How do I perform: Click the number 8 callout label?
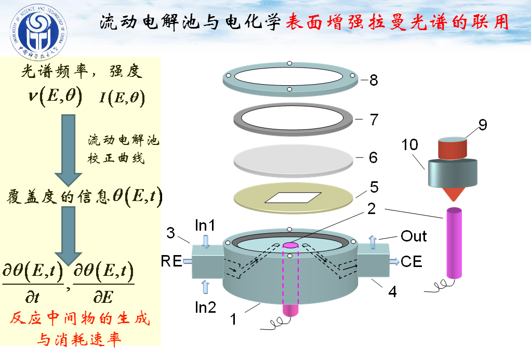click(x=374, y=81)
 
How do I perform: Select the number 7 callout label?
click(x=374, y=119)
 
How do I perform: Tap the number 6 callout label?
click(x=373, y=157)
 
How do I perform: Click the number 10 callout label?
click(x=409, y=144)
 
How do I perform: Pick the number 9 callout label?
click(x=482, y=125)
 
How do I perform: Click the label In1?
click(x=205, y=225)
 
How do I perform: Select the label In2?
click(x=205, y=306)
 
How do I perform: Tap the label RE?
click(x=171, y=261)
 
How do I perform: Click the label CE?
click(x=411, y=261)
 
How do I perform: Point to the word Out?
click(x=414, y=236)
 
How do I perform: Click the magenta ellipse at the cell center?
click(x=289, y=245)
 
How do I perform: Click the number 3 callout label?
click(x=171, y=233)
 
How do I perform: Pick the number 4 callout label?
click(x=393, y=292)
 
